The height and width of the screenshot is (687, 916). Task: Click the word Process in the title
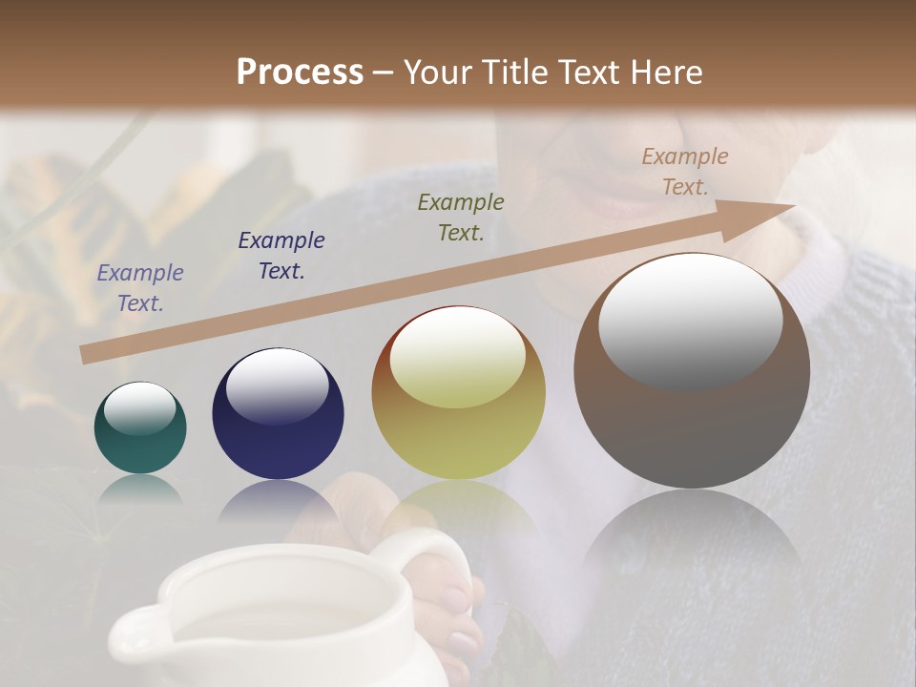pyautogui.click(x=300, y=73)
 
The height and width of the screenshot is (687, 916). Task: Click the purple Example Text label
pyautogui.click(x=140, y=288)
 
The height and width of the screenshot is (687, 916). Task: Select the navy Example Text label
pyautogui.click(x=281, y=256)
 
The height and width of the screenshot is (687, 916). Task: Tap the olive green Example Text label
pyautogui.click(x=461, y=217)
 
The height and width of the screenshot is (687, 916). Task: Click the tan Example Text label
pyautogui.click(x=684, y=171)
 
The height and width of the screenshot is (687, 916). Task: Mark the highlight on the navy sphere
pyautogui.click(x=277, y=386)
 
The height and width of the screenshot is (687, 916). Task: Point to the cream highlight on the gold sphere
pyautogui.click(x=458, y=359)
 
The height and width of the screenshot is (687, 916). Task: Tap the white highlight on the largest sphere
pyautogui.click(x=690, y=323)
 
